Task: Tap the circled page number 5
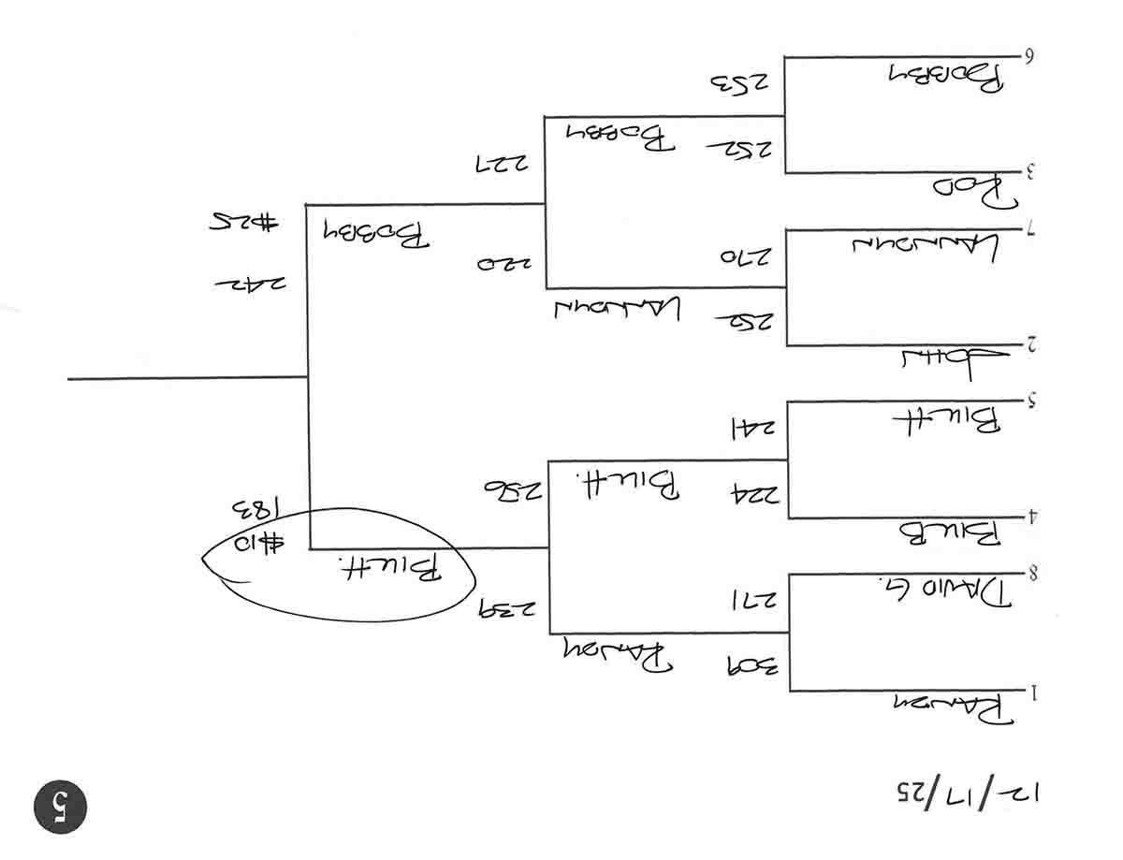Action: tap(60, 806)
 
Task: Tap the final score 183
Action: tap(253, 511)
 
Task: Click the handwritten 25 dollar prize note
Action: tap(243, 223)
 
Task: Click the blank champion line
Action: tap(187, 378)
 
